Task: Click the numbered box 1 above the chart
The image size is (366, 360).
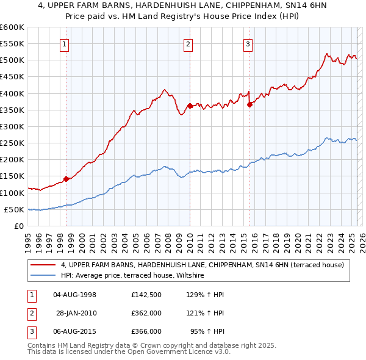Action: pos(65,43)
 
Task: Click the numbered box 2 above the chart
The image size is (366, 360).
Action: pos(188,43)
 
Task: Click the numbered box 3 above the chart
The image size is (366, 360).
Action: pos(248,43)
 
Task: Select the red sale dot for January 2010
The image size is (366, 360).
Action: pos(190,106)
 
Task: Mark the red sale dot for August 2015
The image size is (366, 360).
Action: pos(249,104)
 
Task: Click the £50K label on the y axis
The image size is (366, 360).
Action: pos(15,209)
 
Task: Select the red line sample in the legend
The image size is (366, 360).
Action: pos(43,265)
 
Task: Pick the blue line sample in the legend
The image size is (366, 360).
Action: pos(43,276)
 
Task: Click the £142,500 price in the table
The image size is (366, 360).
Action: pos(146,295)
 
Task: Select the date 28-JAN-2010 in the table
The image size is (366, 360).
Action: pos(76,313)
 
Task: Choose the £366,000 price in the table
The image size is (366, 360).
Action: pos(146,331)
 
